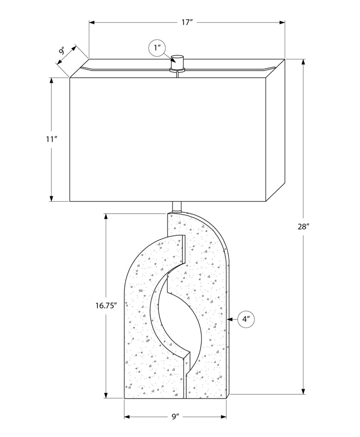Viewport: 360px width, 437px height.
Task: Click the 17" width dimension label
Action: pyautogui.click(x=187, y=22)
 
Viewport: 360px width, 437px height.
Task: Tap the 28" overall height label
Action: pyautogui.click(x=303, y=227)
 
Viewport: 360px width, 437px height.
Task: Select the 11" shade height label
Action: pyautogui.click(x=51, y=139)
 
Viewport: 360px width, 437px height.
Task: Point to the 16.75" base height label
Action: pyautogui.click(x=106, y=306)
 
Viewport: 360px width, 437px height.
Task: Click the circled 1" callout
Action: pyautogui.click(x=157, y=48)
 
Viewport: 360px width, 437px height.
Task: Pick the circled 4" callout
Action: pyautogui.click(x=246, y=319)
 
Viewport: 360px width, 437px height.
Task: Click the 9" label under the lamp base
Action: pyautogui.click(x=175, y=417)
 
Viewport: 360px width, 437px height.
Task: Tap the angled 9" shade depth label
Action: pyautogui.click(x=62, y=52)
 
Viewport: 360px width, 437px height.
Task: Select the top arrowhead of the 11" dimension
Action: pyautogui.click(x=51, y=81)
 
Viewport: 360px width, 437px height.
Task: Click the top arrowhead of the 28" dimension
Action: pyautogui.click(x=303, y=62)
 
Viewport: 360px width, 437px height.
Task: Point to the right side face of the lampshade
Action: pyautogui.click(x=276, y=130)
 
